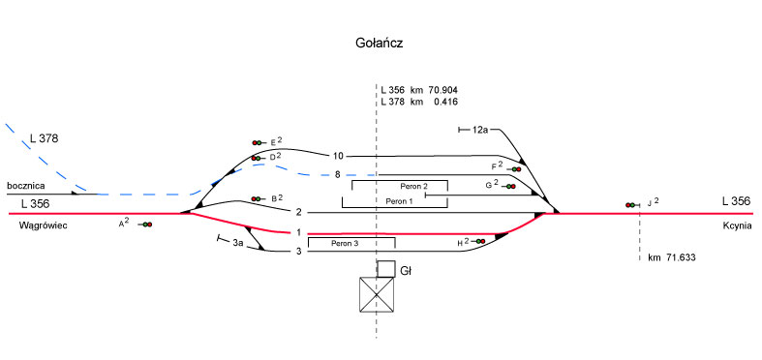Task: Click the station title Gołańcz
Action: click(x=380, y=44)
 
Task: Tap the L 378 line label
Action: click(x=44, y=138)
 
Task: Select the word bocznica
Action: click(x=26, y=186)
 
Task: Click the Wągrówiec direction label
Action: click(x=43, y=225)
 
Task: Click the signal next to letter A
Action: click(x=146, y=225)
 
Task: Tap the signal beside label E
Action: click(x=259, y=143)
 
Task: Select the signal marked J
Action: click(x=632, y=205)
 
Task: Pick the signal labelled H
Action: click(x=479, y=242)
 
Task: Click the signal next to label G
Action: click(x=509, y=186)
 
